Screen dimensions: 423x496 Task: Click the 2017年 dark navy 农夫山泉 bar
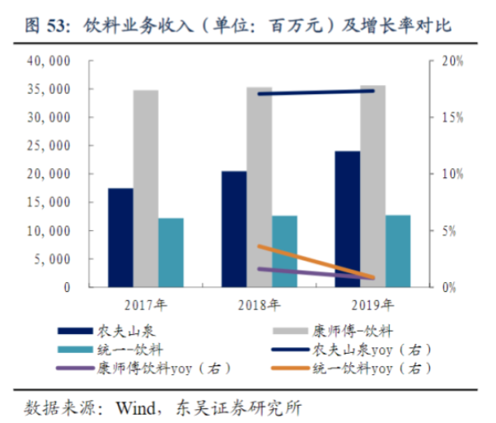[120, 237]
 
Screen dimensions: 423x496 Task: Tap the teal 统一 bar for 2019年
[397, 251]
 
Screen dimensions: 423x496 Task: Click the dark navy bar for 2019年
[347, 219]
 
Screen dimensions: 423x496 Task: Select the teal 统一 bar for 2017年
[171, 252]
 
